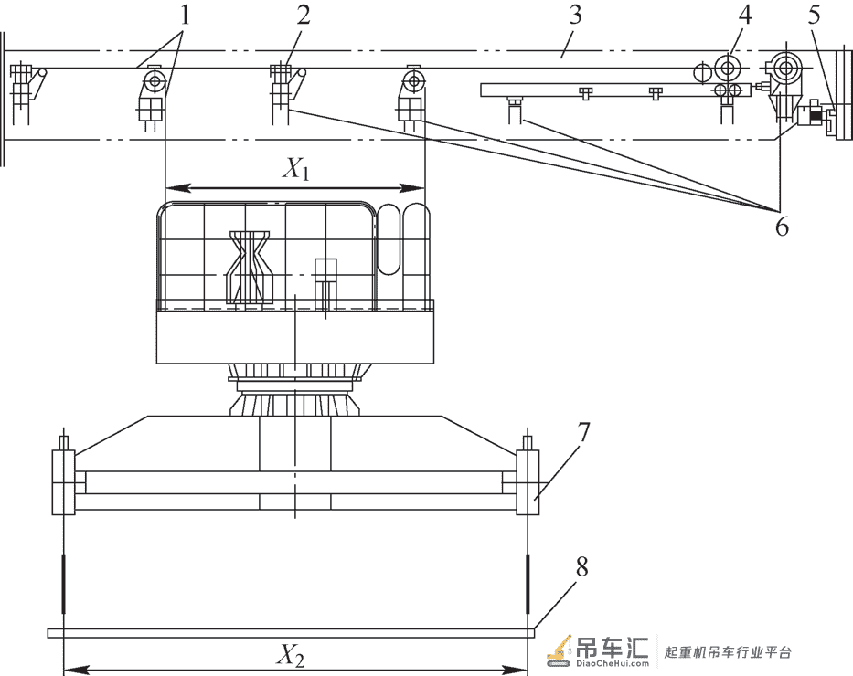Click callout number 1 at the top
pos(186,16)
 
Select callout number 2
pos(304,16)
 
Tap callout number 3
pos(576,16)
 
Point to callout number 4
pos(745,16)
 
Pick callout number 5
pos(814,16)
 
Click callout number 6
pos(782,226)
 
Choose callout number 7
pos(582,432)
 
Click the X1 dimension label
pos(296,170)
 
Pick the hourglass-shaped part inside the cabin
pos(250,267)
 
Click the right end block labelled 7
pos(528,482)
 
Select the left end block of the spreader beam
pos(64,482)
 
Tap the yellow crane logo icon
pos(560,651)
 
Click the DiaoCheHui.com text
pos(613,663)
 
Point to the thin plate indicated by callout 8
pos(291,633)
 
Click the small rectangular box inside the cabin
pos(325,270)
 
